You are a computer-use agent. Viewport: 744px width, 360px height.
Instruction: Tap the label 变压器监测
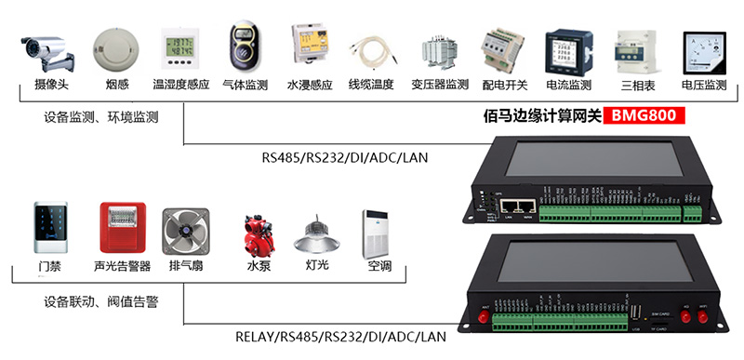(440, 86)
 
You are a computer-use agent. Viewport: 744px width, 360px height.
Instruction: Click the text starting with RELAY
(342, 336)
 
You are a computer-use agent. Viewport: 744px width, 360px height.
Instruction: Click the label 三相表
(638, 86)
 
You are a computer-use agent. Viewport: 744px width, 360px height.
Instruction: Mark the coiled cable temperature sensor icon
(371, 51)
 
